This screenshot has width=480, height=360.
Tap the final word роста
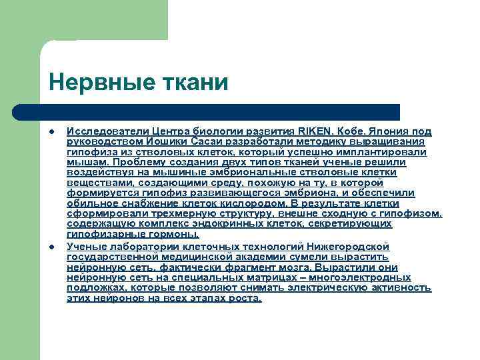point(244,298)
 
